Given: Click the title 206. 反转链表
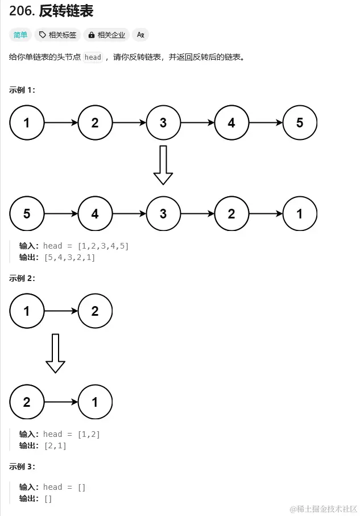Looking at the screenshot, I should point(51,11).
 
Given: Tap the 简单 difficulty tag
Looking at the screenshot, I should point(20,35).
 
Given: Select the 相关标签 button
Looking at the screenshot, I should point(57,35).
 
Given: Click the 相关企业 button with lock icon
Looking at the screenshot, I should point(106,35).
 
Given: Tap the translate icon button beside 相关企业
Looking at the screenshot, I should point(140,35).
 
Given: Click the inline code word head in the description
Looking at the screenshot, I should point(93,57).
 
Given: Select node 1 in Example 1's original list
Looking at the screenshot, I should point(27,122).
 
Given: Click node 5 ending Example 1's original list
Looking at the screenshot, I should point(300,122).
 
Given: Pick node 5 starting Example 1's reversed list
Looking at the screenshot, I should point(27,214).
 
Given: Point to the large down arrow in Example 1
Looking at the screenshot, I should point(163,165).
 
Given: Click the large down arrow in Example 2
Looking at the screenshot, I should point(55,353).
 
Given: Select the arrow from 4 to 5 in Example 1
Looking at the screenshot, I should point(266,122).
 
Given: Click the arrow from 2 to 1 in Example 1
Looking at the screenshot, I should point(266,214).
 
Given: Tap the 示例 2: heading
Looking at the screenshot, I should point(22,278).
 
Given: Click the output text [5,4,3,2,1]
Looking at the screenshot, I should point(69,258).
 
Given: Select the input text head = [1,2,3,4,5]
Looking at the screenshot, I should point(86,246).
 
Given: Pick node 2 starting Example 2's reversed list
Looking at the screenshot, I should point(27,402).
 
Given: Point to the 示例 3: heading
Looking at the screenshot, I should point(22,467).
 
